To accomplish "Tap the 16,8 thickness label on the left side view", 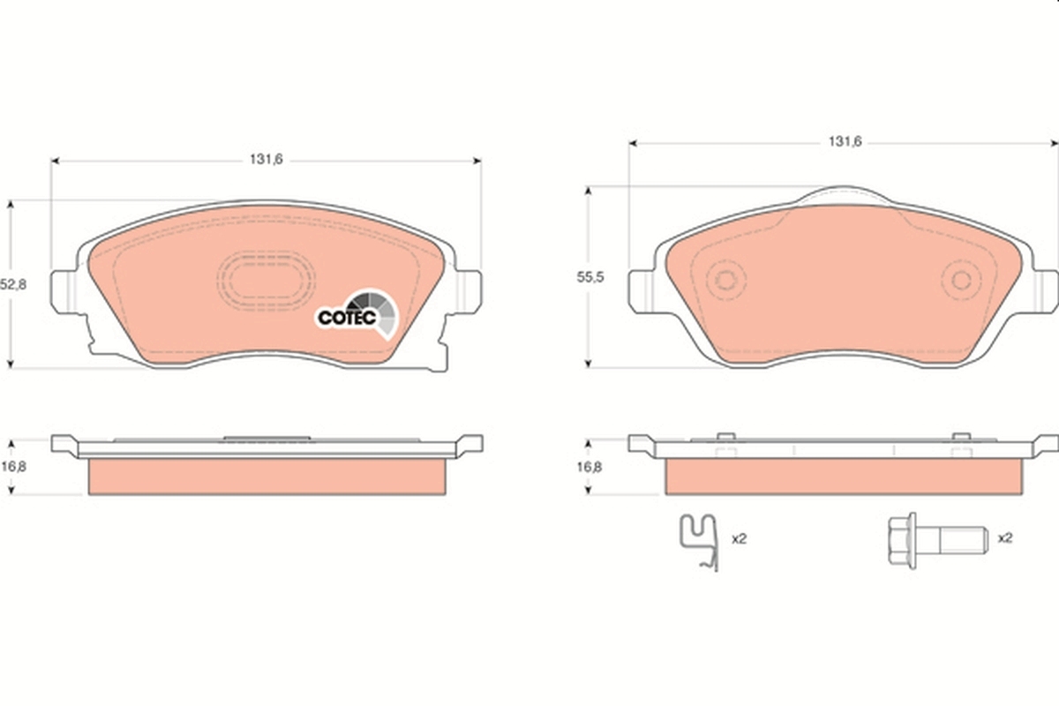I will (x=13, y=467).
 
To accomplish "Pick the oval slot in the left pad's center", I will (x=266, y=281).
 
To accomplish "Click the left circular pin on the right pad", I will (x=726, y=282).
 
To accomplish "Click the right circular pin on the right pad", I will (x=960, y=282).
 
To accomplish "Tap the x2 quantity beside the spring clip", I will (x=739, y=537).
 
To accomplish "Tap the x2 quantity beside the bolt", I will (x=1004, y=537).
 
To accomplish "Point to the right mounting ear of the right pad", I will (x=1043, y=289).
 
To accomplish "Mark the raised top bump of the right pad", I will (x=843, y=192).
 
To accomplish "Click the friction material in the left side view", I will (x=266, y=477).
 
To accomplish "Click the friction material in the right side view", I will (x=843, y=477).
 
